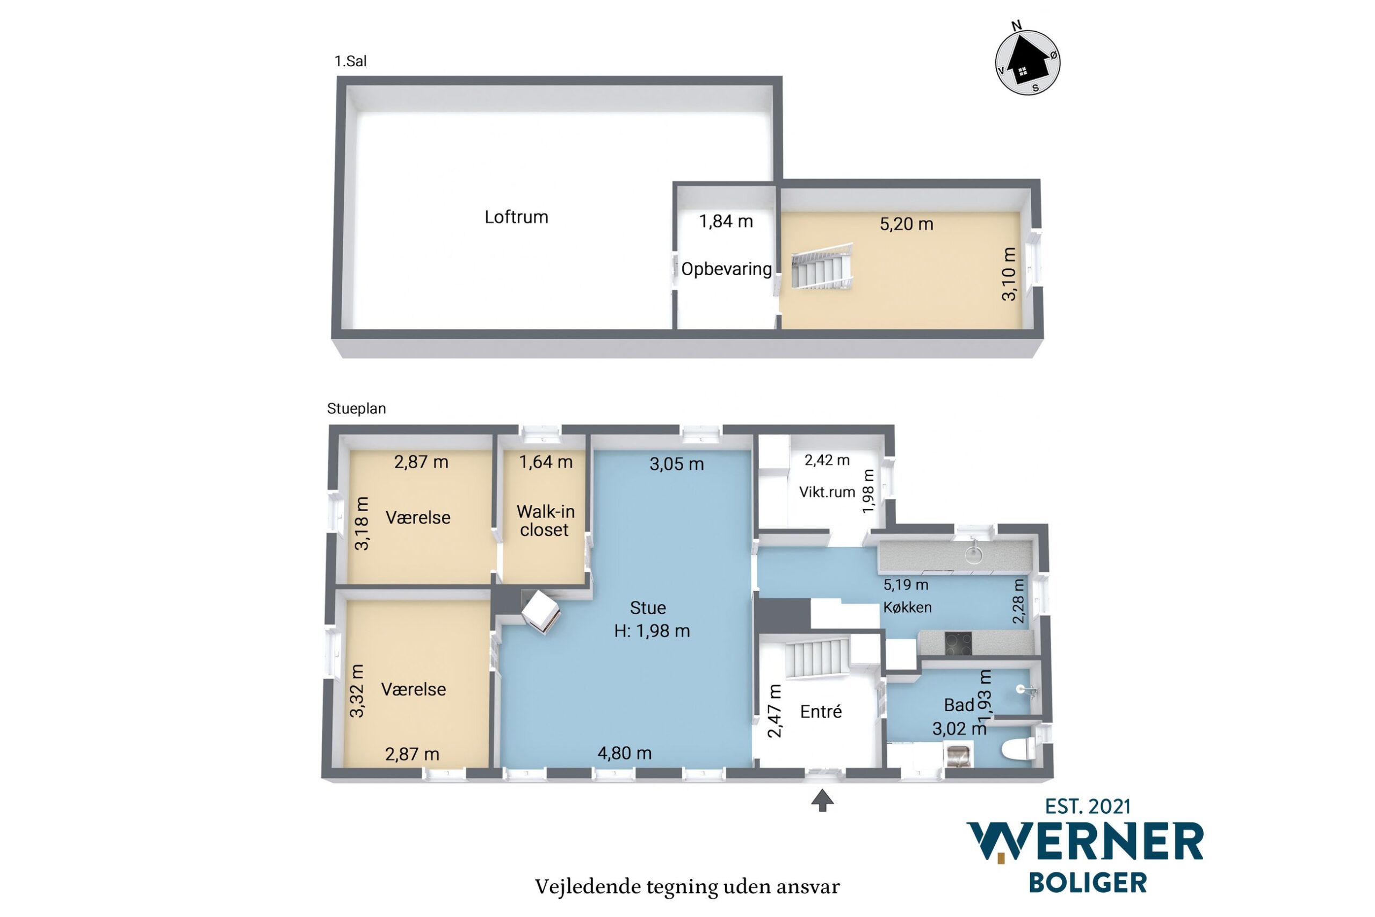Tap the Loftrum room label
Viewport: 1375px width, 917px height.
pos(516,217)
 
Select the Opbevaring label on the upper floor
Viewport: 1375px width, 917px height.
pos(726,269)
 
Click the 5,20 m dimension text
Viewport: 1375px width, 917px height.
pos(906,224)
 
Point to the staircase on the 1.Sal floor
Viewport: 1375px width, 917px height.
pos(822,267)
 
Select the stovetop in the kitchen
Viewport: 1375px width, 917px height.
pos(958,644)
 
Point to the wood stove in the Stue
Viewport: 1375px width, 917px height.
pos(540,612)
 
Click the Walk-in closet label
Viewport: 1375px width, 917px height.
pos(545,520)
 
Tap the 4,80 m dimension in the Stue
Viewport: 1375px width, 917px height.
pos(624,753)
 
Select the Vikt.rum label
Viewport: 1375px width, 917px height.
pos(827,492)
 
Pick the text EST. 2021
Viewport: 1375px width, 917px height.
pos(1088,806)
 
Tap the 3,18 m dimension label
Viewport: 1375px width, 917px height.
pos(361,524)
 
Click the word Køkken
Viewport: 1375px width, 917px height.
pos(907,607)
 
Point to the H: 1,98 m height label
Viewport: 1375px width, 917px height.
pos(652,631)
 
